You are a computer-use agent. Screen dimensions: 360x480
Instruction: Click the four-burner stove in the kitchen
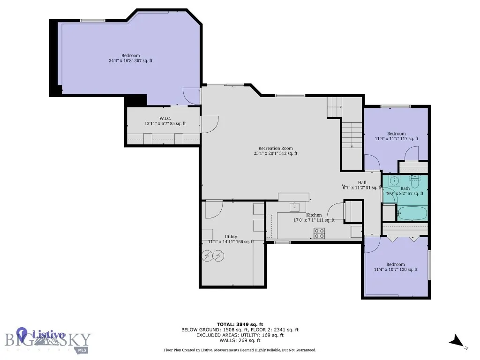click(x=319, y=233)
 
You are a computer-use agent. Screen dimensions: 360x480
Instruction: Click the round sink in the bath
click(x=393, y=180)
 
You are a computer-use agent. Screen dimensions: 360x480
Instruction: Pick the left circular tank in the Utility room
click(x=207, y=255)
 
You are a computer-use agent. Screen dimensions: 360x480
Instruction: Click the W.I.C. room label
click(x=165, y=118)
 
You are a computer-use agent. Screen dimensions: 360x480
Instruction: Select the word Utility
click(x=231, y=236)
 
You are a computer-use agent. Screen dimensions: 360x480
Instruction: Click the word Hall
click(x=362, y=182)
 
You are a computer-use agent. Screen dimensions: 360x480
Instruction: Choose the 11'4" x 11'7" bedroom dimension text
click(x=396, y=139)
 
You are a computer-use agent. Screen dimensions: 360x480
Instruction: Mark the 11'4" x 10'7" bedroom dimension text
click(x=396, y=270)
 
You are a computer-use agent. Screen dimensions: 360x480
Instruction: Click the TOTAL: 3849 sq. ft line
click(x=240, y=324)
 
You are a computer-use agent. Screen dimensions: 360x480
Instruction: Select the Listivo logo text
click(x=48, y=335)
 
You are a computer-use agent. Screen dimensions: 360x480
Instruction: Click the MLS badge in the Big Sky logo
click(x=82, y=350)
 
